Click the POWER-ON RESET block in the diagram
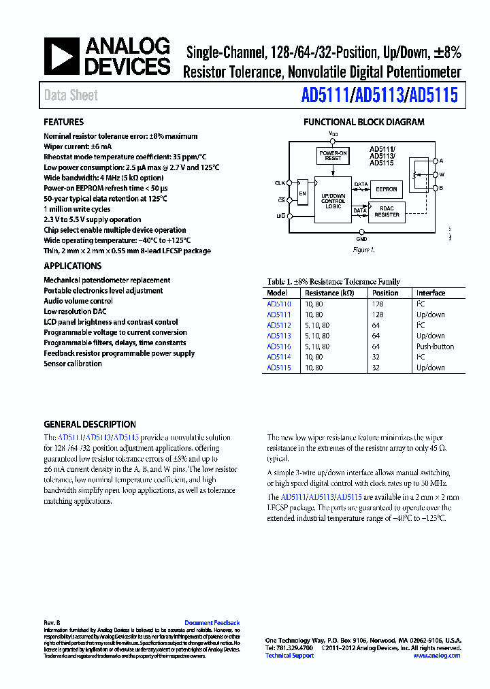[x=333, y=155]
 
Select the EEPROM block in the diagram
[x=387, y=189]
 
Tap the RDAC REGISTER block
[x=387, y=212]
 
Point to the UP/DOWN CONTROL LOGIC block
[x=333, y=199]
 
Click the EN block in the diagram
[x=302, y=195]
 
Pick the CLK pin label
[x=280, y=182]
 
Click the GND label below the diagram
[x=361, y=239]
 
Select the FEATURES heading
[x=64, y=123]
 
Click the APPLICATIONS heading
[x=73, y=266]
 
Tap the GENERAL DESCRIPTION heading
[x=90, y=424]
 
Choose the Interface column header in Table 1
[x=431, y=293]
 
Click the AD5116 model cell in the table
[x=279, y=347]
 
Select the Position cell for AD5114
[x=376, y=357]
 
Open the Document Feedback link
[x=212, y=623]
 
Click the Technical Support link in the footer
[x=289, y=656]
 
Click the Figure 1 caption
[x=363, y=250]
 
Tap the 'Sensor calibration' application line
[x=73, y=364]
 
